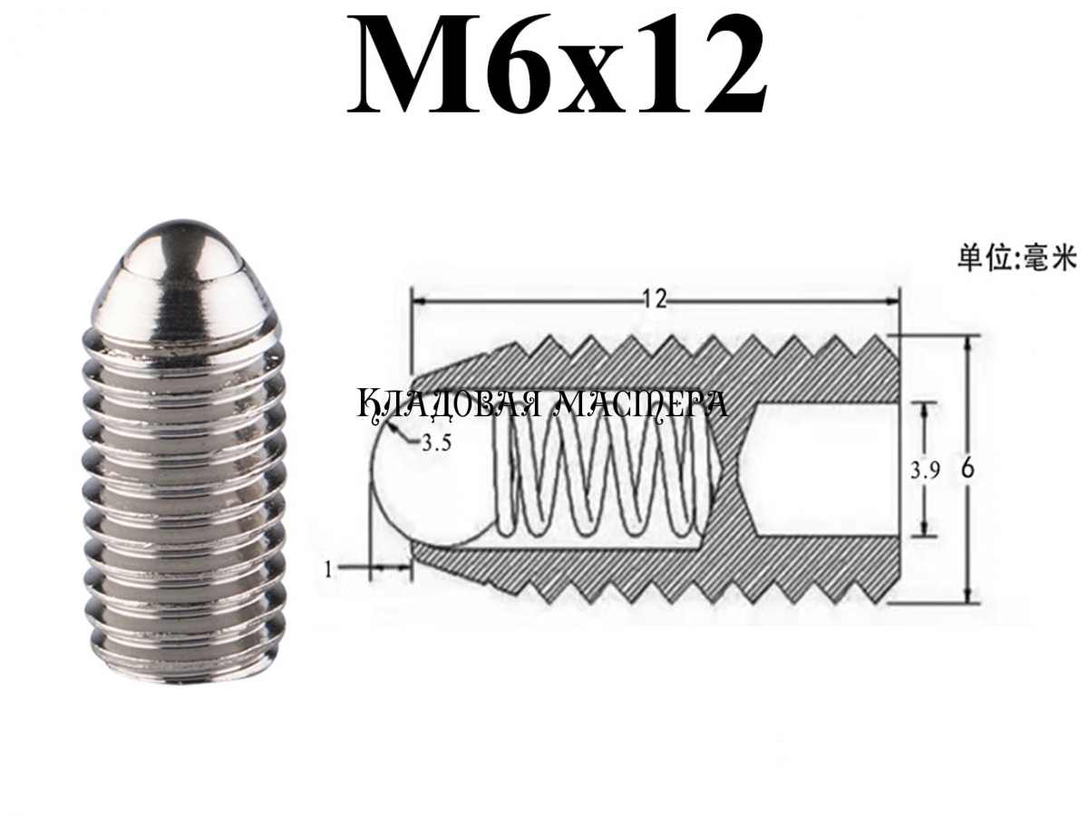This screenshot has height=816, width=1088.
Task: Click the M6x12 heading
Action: (557, 63)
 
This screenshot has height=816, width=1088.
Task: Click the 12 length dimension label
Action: (655, 300)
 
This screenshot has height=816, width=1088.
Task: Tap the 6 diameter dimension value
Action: (967, 469)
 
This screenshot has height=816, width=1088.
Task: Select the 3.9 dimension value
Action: (925, 471)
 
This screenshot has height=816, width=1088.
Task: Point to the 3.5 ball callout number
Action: (436, 442)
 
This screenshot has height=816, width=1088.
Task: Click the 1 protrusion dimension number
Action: (327, 569)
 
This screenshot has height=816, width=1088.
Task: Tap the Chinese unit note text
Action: (1016, 259)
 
